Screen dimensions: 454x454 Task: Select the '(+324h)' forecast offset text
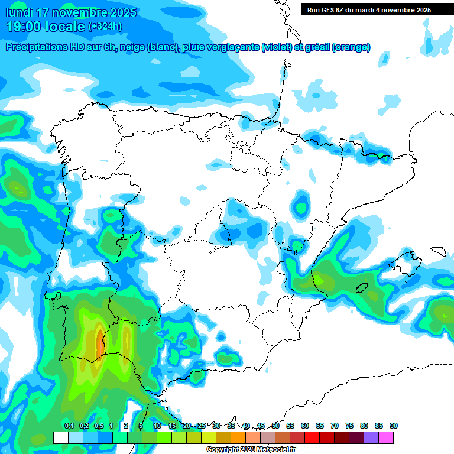tap(105, 27)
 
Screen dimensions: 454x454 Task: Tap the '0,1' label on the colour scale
tap(69, 426)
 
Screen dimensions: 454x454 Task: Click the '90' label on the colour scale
tap(393, 426)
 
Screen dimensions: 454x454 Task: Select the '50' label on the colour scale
tap(275, 426)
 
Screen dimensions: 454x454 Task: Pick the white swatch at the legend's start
tap(60, 437)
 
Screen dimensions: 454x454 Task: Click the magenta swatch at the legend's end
tap(386, 437)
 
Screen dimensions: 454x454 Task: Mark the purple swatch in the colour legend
tap(371, 437)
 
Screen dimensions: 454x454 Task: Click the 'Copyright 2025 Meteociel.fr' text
tap(251, 450)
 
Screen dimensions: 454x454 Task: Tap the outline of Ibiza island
tap(362, 288)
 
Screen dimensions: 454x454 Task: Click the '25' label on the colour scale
tap(202, 426)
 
